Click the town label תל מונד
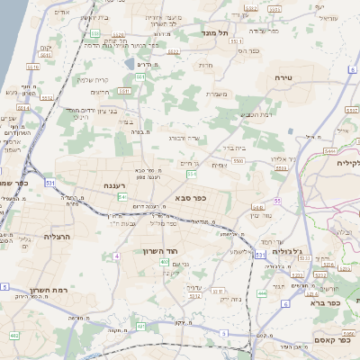[x=218, y=32]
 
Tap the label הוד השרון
[x=162, y=252]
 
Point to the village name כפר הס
[x=248, y=50]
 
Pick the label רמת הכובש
[x=256, y=114]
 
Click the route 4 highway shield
[x=116, y=256]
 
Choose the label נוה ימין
[x=259, y=215]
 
